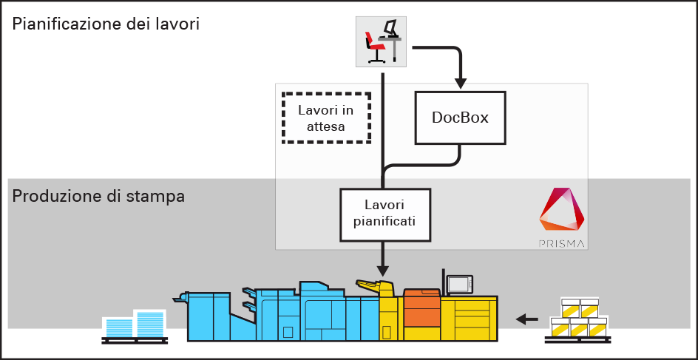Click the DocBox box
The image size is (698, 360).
tap(460, 118)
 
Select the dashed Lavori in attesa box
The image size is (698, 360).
tap(325, 118)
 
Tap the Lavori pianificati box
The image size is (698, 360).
tap(384, 214)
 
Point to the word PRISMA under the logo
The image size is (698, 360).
tap(560, 242)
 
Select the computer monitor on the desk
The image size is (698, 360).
tap(392, 29)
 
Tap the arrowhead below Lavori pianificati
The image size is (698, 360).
tap(384, 268)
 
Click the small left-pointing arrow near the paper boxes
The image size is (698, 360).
tap(526, 319)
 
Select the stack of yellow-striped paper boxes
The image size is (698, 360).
tap(579, 319)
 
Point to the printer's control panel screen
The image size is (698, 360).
tap(459, 284)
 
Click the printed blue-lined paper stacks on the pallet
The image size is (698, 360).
tap(134, 325)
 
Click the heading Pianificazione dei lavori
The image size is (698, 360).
tap(106, 23)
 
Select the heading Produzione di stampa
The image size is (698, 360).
tap(98, 197)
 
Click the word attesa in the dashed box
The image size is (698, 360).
tap(325, 126)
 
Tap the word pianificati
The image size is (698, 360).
tap(384, 221)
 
